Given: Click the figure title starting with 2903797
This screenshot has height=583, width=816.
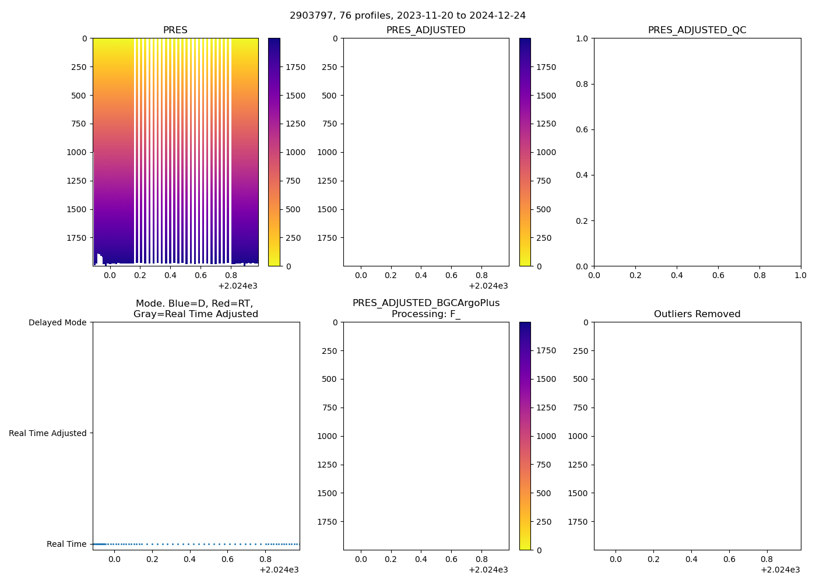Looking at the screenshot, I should (407, 15).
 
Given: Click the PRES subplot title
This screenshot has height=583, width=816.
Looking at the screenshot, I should (175, 30).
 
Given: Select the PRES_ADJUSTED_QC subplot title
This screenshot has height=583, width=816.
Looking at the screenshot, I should (697, 30).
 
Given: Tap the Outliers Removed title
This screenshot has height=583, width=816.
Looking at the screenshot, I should (697, 314).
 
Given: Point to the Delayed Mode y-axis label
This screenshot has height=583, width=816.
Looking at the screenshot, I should (57, 322).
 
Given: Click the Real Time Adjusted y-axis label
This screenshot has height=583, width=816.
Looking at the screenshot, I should (48, 433).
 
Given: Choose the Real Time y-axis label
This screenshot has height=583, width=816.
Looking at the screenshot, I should (66, 544).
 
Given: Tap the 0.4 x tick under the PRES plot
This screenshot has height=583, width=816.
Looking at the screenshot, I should (170, 275).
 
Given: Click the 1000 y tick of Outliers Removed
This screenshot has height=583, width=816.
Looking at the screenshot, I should (578, 436).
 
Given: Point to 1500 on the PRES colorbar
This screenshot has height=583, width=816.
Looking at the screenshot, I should (295, 96).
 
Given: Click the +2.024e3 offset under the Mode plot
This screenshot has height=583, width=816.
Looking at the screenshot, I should (279, 570).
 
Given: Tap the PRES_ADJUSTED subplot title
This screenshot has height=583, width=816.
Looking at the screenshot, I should (425, 30).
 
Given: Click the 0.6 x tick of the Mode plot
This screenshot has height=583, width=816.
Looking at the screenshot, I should (227, 559).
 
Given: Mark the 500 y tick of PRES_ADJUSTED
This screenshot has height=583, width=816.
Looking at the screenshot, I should (329, 96).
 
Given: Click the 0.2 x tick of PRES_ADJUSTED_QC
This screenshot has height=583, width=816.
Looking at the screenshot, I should (635, 275).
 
